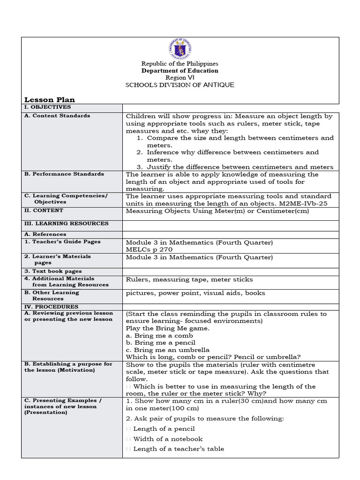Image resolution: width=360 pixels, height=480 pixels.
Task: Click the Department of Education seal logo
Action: [x=180, y=49]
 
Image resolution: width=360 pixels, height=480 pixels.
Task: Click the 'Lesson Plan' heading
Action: [x=49, y=99]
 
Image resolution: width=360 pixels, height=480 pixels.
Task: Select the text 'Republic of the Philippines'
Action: [x=180, y=63]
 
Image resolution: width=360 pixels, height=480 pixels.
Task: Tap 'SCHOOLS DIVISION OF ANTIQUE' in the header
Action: [x=180, y=85]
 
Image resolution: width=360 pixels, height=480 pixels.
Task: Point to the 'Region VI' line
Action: [x=180, y=78]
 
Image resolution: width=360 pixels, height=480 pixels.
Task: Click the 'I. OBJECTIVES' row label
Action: [x=47, y=107]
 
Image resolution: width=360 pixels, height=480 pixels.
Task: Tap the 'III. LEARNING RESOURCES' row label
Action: [x=66, y=224]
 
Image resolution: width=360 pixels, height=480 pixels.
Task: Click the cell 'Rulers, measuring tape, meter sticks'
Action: [x=189, y=279]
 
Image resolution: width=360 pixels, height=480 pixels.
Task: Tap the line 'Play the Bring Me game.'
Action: [x=167, y=329]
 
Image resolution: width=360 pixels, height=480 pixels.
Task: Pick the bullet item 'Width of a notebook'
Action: [x=168, y=439]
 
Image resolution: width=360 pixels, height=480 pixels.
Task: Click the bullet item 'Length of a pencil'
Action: [x=164, y=428]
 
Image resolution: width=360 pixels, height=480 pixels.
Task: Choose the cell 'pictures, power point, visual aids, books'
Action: [x=195, y=293]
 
